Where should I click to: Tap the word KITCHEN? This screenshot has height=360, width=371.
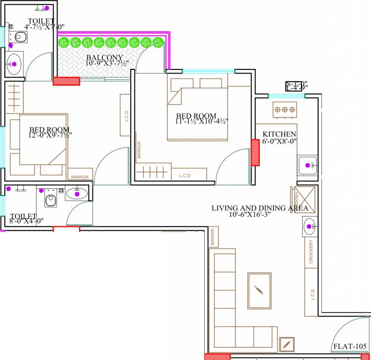[x=279, y=134]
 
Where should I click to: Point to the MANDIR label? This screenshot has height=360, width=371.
[x=212, y=237]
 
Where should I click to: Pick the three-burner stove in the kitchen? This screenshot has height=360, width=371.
[x=285, y=109]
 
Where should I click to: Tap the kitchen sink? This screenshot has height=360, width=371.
[x=308, y=165]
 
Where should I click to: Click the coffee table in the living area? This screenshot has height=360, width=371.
[x=259, y=290]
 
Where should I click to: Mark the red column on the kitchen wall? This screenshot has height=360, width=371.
[x=255, y=152]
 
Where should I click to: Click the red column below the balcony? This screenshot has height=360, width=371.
[x=66, y=81]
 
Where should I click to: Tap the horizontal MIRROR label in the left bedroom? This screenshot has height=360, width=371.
[x=80, y=177]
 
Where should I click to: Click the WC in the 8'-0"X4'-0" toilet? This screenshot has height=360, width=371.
[x=50, y=199]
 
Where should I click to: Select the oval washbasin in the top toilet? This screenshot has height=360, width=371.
[x=14, y=64]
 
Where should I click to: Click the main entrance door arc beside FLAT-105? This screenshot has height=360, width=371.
[x=347, y=330]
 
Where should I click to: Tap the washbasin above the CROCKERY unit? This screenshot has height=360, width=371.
[x=309, y=227]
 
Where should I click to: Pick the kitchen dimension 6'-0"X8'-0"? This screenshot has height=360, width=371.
[x=280, y=141]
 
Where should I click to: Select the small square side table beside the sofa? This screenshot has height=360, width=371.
[x=287, y=345]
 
